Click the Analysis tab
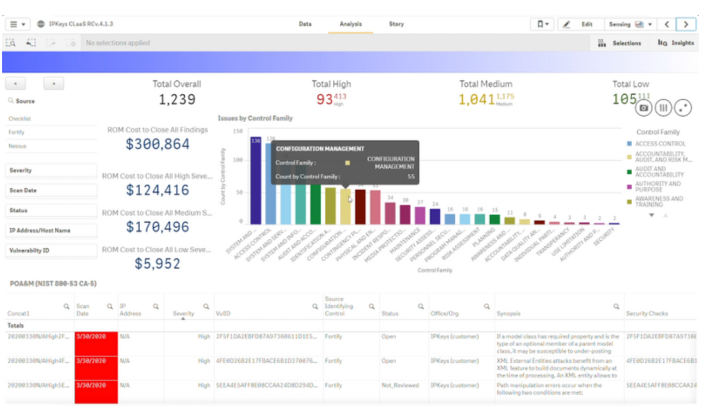click(350, 24)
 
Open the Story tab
click(396, 24)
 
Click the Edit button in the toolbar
click(579, 24)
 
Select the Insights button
click(676, 43)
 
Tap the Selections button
click(620, 43)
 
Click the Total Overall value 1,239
click(177, 99)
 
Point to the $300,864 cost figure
click(157, 144)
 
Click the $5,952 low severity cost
click(157, 264)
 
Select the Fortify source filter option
click(16, 133)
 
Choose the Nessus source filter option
click(17, 146)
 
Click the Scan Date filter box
click(51, 190)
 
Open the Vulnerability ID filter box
click(51, 251)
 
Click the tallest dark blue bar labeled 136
click(256, 182)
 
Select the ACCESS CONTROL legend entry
click(660, 144)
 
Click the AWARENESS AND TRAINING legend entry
click(658, 202)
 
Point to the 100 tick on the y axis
click(238, 160)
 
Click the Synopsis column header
click(508, 314)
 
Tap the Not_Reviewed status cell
click(400, 385)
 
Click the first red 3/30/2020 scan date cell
click(96, 343)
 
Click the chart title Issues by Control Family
click(255, 119)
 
